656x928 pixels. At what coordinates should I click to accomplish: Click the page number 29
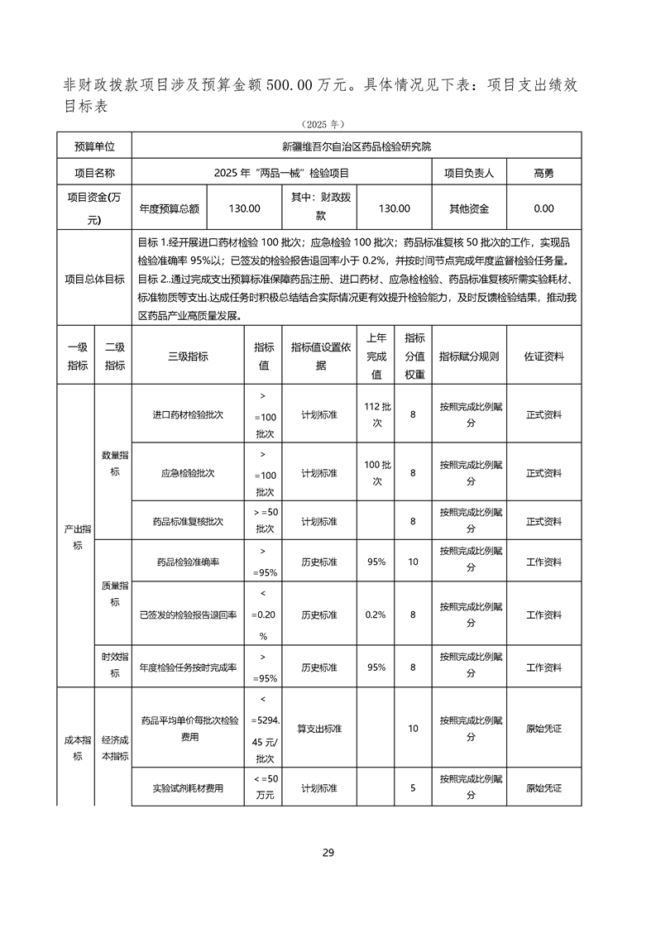328,853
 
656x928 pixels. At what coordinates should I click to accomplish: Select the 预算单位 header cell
95,147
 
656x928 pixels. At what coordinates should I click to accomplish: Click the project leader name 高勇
543,173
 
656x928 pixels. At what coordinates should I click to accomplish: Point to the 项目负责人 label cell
469,173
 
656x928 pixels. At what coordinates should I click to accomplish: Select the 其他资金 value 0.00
543,208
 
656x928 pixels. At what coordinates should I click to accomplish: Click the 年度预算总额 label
170,208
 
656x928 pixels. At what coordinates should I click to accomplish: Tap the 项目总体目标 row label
95,279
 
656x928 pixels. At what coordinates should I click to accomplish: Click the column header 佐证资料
543,356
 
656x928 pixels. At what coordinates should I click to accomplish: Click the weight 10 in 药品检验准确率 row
413,562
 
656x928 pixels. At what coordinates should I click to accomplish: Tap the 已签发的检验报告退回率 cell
188,615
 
